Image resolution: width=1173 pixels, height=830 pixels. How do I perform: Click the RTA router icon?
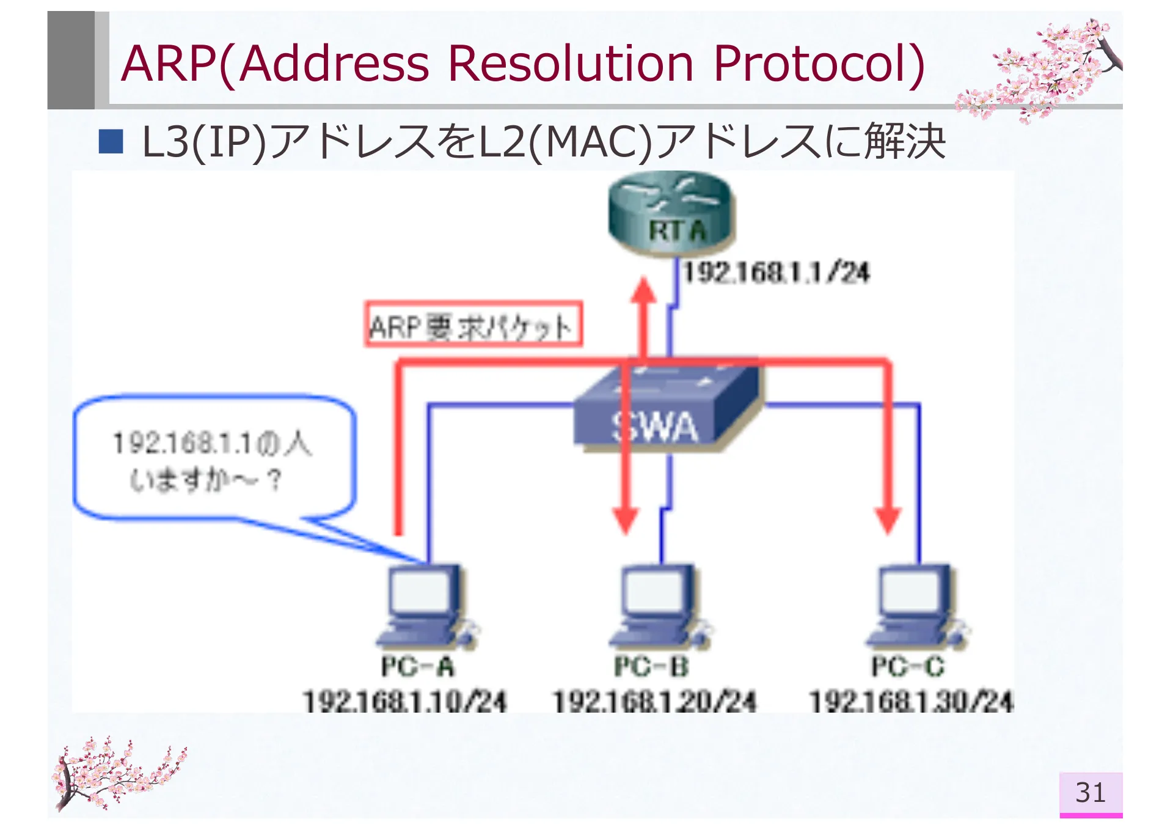671,214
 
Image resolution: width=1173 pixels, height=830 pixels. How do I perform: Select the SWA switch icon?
666,408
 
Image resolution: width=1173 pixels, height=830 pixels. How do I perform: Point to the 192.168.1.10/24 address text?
405,701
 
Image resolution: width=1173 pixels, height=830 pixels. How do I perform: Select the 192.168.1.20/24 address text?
654,701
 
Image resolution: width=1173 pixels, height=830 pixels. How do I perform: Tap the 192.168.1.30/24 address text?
911,701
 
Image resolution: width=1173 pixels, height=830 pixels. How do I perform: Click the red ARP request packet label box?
473,325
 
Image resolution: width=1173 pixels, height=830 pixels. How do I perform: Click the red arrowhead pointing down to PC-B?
625,520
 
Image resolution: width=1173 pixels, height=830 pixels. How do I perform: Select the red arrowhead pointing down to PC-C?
888,520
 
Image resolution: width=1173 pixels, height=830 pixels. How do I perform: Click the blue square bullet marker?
111,141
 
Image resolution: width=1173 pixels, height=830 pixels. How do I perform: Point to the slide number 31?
1091,793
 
